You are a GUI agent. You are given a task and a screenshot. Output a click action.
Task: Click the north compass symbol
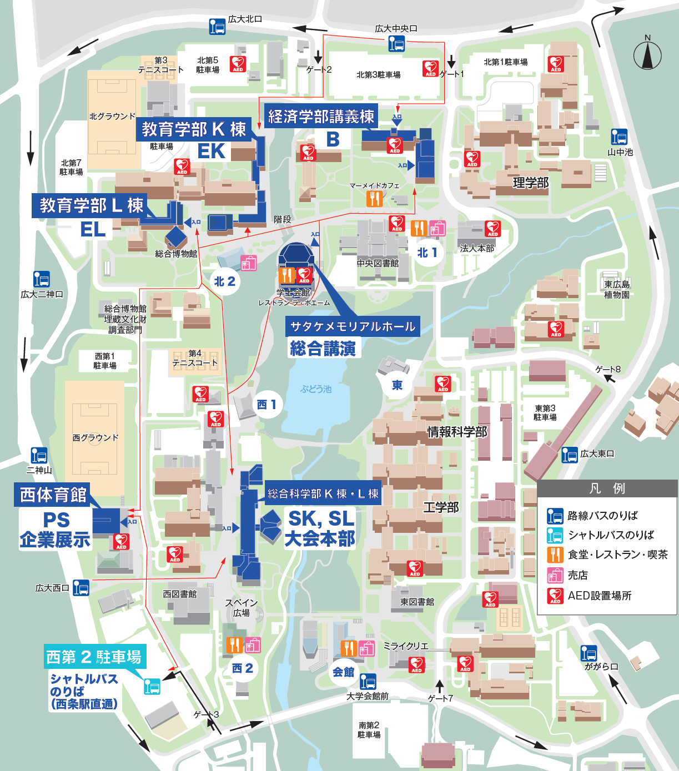(x=647, y=54)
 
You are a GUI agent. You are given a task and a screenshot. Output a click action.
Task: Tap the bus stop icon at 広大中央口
(x=396, y=43)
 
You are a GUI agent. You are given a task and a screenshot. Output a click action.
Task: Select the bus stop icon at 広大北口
(x=217, y=26)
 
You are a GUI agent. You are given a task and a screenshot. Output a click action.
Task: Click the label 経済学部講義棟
(x=321, y=117)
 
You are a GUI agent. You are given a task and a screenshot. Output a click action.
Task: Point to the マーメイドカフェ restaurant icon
(x=375, y=199)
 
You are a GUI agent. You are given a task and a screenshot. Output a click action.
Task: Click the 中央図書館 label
(x=378, y=263)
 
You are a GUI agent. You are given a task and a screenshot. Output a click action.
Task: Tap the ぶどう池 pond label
(x=316, y=389)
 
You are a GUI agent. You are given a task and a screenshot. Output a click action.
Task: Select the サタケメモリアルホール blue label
(x=353, y=326)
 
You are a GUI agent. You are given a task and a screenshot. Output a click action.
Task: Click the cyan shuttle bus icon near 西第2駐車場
(x=152, y=686)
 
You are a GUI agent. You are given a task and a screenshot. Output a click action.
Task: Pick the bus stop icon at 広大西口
(x=81, y=587)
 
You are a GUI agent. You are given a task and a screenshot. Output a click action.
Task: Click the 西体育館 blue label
(x=53, y=495)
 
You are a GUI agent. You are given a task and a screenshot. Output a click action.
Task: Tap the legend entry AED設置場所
(x=600, y=596)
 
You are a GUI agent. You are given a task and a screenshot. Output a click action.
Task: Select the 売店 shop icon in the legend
(x=555, y=575)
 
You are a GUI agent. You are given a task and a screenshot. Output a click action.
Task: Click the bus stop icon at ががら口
(x=589, y=653)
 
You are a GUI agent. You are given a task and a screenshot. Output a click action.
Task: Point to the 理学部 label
(x=530, y=183)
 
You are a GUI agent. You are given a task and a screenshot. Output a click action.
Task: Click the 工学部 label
(x=441, y=507)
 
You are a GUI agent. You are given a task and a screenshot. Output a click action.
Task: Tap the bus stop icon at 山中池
(x=619, y=137)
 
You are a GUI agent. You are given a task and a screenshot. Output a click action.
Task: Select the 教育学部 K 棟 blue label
(x=193, y=129)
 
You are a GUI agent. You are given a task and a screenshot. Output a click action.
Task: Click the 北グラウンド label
(x=112, y=116)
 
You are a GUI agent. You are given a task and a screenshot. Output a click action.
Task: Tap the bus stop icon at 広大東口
(x=570, y=455)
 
